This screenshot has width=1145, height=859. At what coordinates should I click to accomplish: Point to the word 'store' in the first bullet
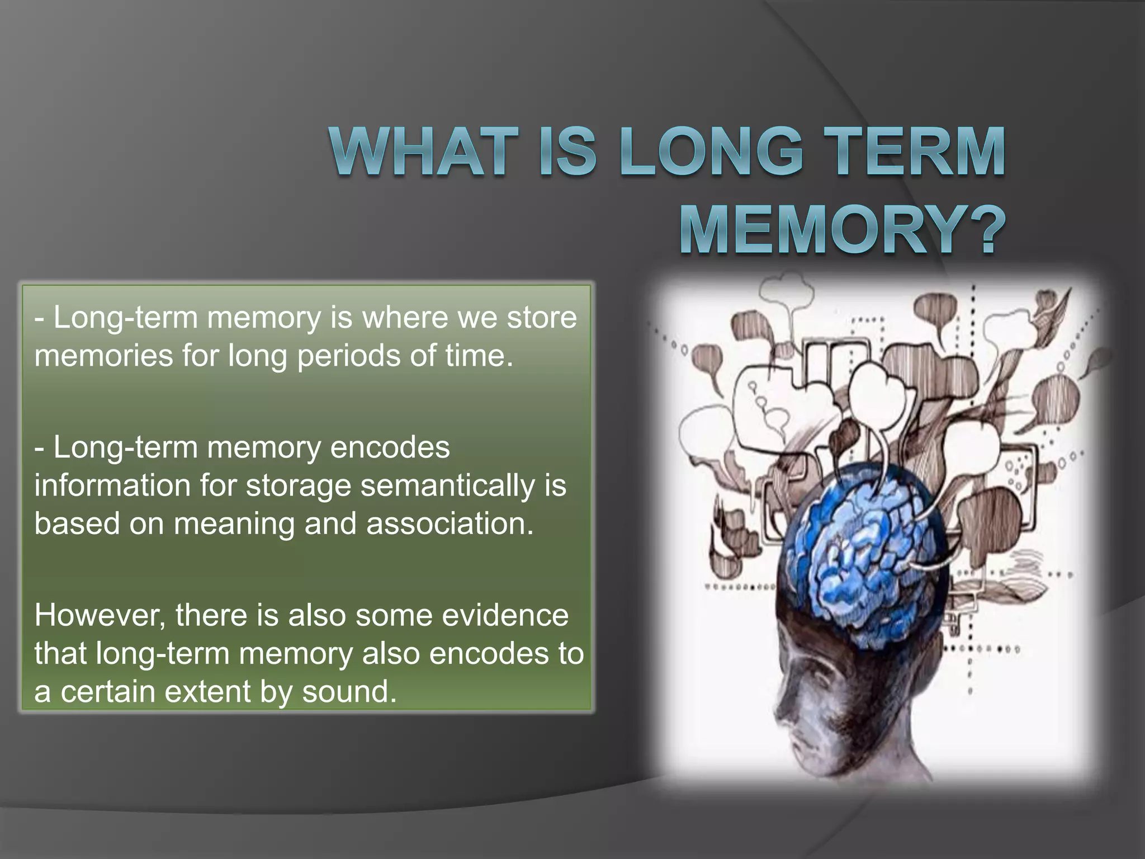coord(542,318)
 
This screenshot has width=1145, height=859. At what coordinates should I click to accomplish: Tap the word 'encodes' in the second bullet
coord(390,447)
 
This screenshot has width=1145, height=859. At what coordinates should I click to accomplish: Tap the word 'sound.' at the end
coord(349,692)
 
